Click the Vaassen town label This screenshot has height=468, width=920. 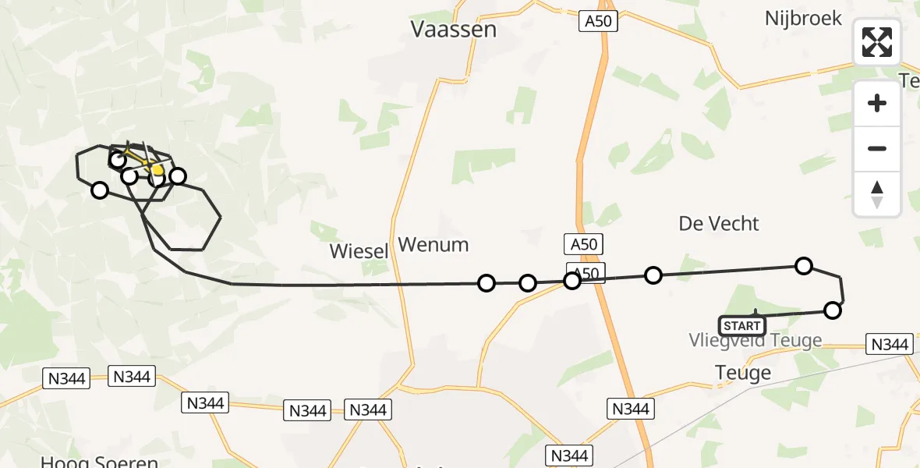pyautogui.click(x=453, y=30)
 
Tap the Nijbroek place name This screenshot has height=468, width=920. pyautogui.click(x=803, y=18)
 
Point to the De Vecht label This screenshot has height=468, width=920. pyautogui.click(x=719, y=224)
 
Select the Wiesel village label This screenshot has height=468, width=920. pyautogui.click(x=359, y=251)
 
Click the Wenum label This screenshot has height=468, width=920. pyautogui.click(x=433, y=245)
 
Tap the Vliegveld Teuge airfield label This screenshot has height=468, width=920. pyautogui.click(x=755, y=341)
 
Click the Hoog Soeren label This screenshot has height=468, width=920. pyautogui.click(x=99, y=462)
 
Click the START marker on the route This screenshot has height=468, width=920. pyautogui.click(x=741, y=325)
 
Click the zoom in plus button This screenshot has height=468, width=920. pyautogui.click(x=877, y=103)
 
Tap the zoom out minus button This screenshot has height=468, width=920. pyautogui.click(x=877, y=148)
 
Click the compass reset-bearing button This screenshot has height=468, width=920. pyautogui.click(x=877, y=194)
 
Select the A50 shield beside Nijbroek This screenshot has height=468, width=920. pyautogui.click(x=598, y=21)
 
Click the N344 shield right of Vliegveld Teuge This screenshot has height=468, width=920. pyautogui.click(x=889, y=344)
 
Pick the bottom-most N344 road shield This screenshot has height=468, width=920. pyautogui.click(x=570, y=455)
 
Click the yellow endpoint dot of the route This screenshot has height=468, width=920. pyautogui.click(x=157, y=170)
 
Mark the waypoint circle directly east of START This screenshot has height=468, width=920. pyautogui.click(x=833, y=310)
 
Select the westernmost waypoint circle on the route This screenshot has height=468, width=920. pyautogui.click(x=100, y=190)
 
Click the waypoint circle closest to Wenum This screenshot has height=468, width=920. pyautogui.click(x=487, y=282)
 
